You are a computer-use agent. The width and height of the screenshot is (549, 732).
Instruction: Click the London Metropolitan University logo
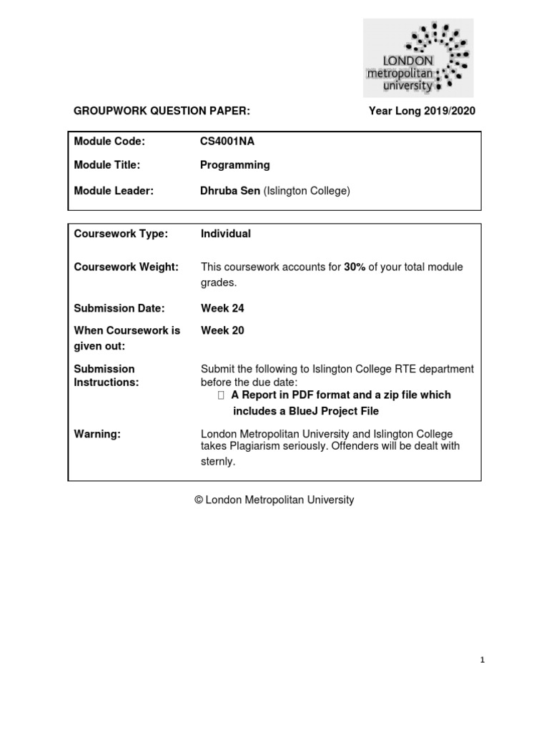pyautogui.click(x=418, y=58)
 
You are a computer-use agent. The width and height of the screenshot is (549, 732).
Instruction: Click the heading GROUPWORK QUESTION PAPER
pyautogui.click(x=162, y=111)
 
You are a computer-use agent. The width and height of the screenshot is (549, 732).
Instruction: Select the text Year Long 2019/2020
pyautogui.click(x=421, y=111)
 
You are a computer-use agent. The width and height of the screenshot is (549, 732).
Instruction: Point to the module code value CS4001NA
pyautogui.click(x=227, y=142)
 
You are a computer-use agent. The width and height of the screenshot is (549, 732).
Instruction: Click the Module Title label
pyautogui.click(x=107, y=165)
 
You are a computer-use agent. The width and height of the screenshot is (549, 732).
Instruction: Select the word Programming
pyautogui.click(x=235, y=165)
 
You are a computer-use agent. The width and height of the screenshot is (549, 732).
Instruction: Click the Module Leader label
pyautogui.click(x=114, y=190)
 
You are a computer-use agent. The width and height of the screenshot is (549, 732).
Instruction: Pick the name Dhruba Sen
pyautogui.click(x=230, y=190)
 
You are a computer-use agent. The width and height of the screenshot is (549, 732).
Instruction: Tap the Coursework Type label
pyautogui.click(x=121, y=234)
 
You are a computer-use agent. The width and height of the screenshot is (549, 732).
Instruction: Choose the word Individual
pyautogui.click(x=226, y=234)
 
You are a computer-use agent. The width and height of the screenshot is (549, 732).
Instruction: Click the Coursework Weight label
pyautogui.click(x=126, y=267)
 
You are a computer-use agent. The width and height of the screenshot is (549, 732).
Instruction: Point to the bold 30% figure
pyautogui.click(x=355, y=267)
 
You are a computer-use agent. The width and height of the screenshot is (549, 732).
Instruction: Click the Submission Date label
pyautogui.click(x=119, y=308)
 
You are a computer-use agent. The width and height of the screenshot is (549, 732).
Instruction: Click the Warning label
pyautogui.click(x=95, y=434)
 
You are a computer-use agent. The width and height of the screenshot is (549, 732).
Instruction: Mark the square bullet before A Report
pyautogui.click(x=221, y=395)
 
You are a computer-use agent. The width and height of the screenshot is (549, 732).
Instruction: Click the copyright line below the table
pyautogui.click(x=274, y=500)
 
